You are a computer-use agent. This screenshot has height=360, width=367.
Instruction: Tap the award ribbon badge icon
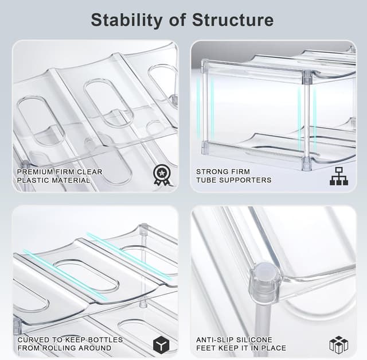pos(162,175)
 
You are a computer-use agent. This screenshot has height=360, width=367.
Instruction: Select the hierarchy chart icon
pos(338,176)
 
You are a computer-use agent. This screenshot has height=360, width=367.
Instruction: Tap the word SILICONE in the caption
pos(255,340)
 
